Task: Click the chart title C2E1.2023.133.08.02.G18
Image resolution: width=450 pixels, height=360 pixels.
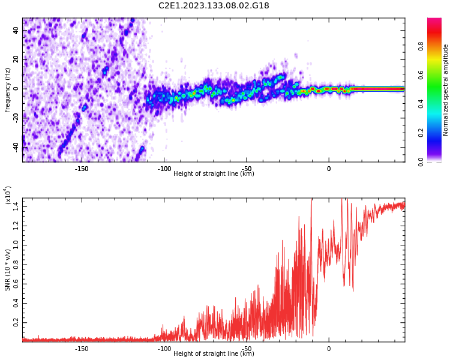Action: (x=214, y=5)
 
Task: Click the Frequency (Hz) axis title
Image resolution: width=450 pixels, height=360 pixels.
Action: (x=8, y=90)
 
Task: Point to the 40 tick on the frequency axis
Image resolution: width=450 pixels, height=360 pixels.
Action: (x=16, y=31)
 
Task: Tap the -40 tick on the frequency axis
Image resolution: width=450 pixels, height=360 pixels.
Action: (x=16, y=146)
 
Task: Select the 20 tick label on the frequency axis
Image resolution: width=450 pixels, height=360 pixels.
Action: (x=16, y=59)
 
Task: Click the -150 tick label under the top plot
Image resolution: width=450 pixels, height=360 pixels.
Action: (x=82, y=169)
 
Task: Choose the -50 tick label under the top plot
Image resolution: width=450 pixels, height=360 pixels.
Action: (x=246, y=169)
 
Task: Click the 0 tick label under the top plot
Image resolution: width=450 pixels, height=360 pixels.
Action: (x=329, y=169)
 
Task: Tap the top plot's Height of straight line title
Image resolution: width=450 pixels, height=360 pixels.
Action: (x=214, y=174)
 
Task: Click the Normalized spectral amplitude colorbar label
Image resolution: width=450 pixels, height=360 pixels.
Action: (x=446, y=90)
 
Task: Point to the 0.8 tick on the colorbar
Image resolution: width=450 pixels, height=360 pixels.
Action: (x=437, y=46)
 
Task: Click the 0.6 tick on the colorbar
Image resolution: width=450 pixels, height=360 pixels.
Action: (x=437, y=74)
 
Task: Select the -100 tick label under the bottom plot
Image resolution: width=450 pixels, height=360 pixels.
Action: (x=164, y=349)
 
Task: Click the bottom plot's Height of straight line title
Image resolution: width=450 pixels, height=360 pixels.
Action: (x=214, y=354)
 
